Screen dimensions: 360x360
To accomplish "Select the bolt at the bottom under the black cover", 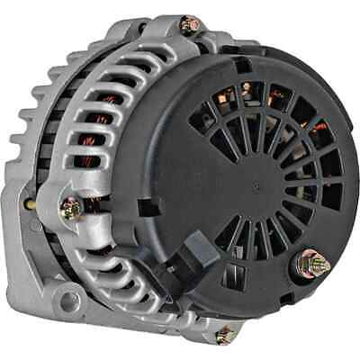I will (224, 336).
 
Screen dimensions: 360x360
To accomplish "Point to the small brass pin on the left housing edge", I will (30, 204).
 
